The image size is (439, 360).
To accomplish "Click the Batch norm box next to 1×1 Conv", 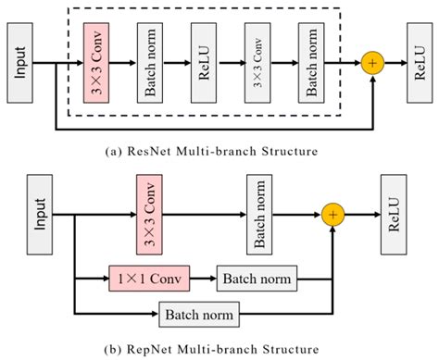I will pyautogui.click(x=256, y=277).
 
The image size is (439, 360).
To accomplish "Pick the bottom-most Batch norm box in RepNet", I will pyautogui.click(x=198, y=315).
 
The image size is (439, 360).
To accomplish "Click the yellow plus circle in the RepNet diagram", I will pyautogui.click(x=334, y=215).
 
